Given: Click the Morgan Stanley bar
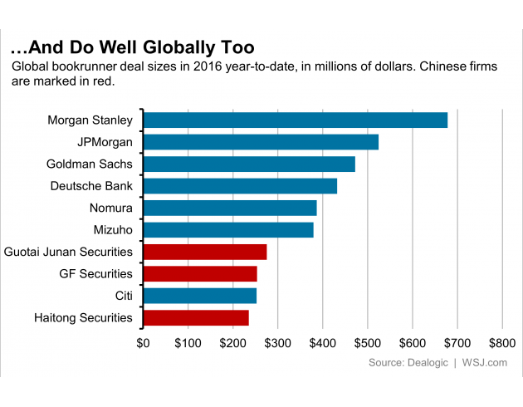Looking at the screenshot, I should coord(296,120).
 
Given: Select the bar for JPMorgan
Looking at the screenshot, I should coord(261,142).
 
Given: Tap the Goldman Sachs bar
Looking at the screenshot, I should coord(249,164).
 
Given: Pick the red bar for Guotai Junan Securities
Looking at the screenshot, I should coord(205,252).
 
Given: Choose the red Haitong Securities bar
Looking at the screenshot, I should coord(196,317).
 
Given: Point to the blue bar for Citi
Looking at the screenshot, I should coord(200,296).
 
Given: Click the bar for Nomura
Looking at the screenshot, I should coord(230,208).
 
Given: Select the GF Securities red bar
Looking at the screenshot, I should coord(200,273).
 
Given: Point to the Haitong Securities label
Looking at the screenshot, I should coord(83,317).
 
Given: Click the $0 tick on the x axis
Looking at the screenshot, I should coord(143,342).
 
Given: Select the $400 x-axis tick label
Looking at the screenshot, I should coord(322,342).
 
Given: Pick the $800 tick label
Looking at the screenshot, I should coord(501,342).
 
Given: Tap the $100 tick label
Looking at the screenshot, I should coord(188,342).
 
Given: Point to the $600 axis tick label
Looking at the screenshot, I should coord(412,342).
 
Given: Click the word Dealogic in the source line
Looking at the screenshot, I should coord(424,363).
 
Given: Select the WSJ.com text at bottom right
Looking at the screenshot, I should coord(485,363).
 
